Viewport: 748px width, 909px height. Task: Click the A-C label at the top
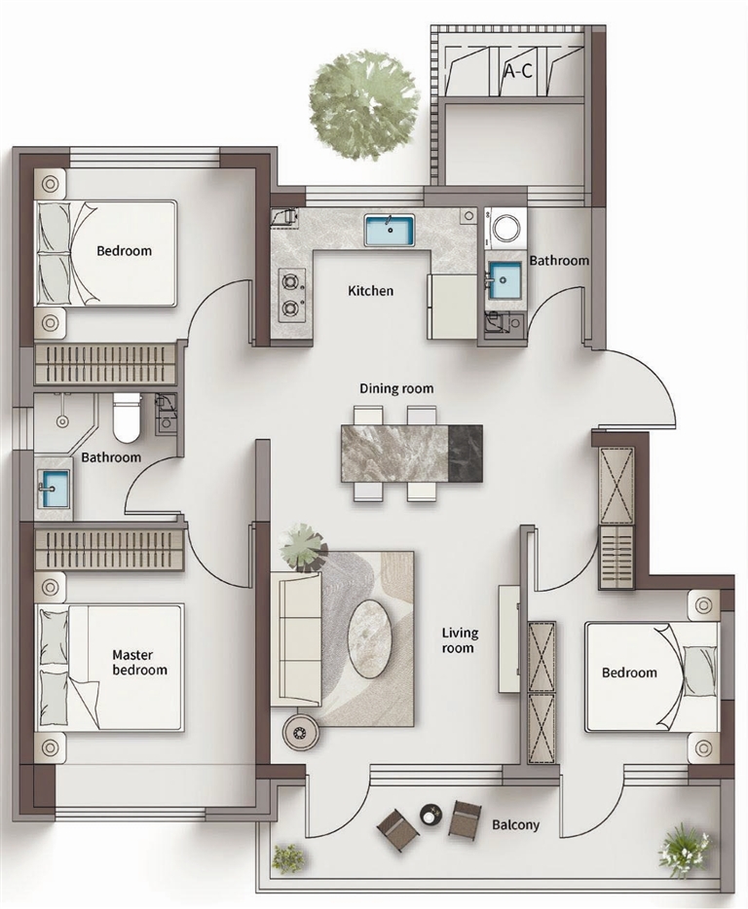coord(517,71)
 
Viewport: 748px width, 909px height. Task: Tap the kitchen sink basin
coord(390,230)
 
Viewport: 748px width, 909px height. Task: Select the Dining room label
coord(396,388)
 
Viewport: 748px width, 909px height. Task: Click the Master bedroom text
coord(139,663)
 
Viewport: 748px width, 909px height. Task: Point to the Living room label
coord(460,640)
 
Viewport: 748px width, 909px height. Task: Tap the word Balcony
coord(515,824)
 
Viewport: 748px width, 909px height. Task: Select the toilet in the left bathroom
coord(127,417)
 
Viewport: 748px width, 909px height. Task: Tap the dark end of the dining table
coord(466,453)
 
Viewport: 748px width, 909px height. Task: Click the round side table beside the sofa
coord(300,733)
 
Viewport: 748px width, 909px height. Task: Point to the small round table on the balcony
coord(430,815)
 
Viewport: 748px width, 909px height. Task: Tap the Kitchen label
coord(370,290)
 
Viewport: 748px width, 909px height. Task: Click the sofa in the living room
coord(296,638)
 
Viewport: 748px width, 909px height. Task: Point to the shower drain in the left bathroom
coord(62,421)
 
